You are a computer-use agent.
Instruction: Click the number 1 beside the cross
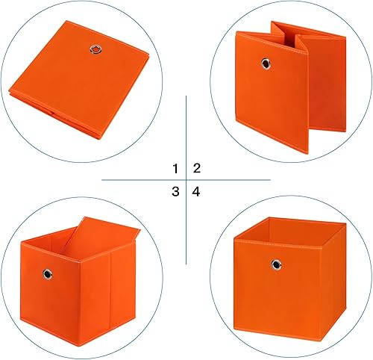pos(175,168)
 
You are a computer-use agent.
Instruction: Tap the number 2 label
pos(197,168)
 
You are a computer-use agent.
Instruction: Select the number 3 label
pos(175,192)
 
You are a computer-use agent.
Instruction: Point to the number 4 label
pos(197,192)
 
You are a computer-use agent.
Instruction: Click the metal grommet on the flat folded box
pos(94,50)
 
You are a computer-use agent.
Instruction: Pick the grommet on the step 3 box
pos(46,275)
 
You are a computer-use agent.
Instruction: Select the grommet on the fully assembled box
pos(277,264)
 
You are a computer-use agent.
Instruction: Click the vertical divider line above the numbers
pos(186,127)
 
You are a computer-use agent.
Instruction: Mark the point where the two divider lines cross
pos(186,180)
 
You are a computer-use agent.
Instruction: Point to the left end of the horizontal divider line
pos(103,180)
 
